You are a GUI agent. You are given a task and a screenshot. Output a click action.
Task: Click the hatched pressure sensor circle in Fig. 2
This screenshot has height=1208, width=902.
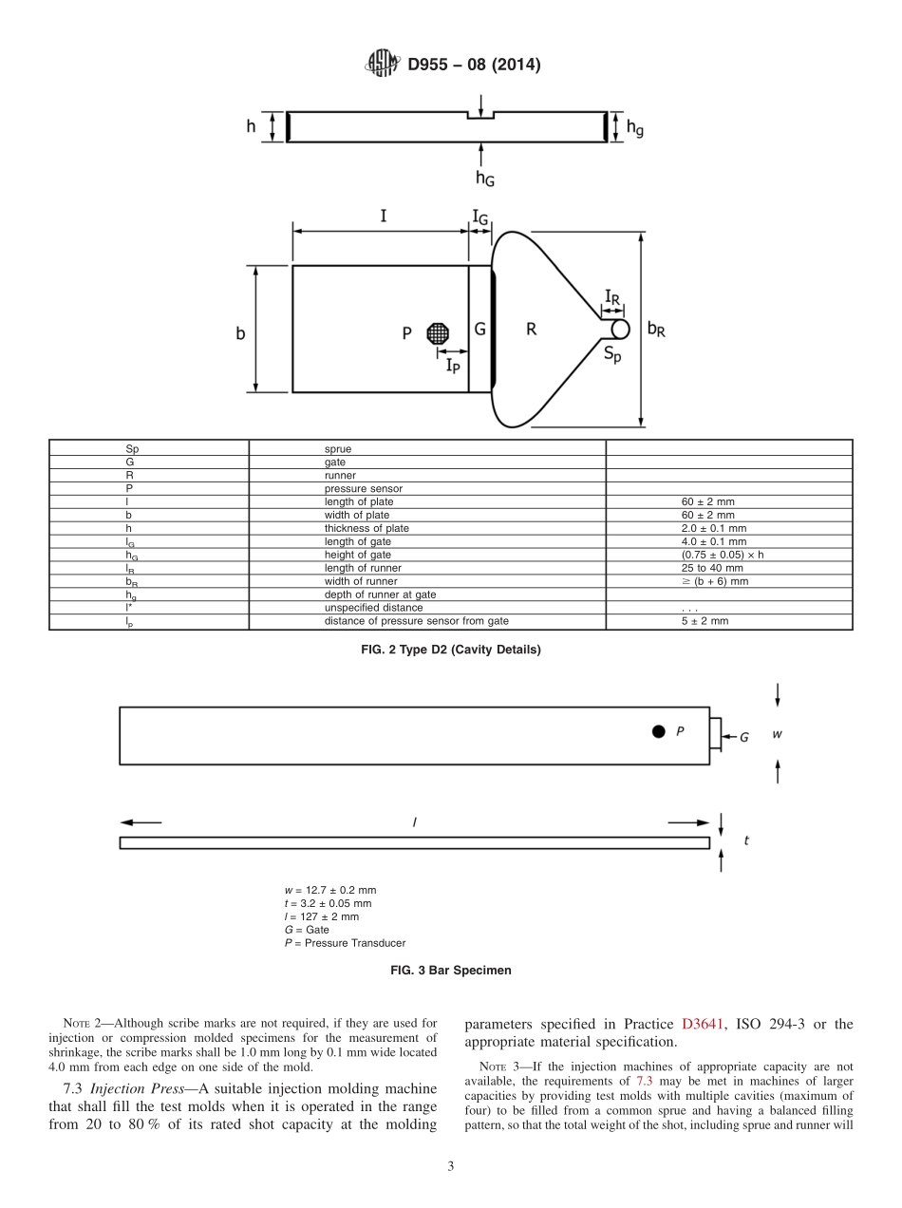click(x=438, y=332)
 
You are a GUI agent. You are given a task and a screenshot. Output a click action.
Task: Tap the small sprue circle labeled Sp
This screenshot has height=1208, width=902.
click(x=620, y=329)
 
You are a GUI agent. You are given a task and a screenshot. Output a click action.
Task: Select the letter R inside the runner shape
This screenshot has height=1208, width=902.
click(x=532, y=329)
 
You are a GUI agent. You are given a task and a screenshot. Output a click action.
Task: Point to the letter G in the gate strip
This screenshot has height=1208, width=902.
click(x=480, y=329)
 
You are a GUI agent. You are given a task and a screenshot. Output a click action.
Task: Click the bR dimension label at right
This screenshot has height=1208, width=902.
click(x=656, y=329)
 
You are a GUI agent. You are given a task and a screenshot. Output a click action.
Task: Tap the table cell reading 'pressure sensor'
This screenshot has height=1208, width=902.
click(x=363, y=489)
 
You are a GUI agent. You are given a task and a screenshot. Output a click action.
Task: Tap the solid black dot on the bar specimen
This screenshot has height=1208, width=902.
click(x=658, y=731)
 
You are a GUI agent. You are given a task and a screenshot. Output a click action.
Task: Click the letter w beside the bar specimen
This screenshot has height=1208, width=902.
click(x=777, y=733)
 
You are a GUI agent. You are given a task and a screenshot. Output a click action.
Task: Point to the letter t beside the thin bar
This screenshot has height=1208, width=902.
click(x=746, y=840)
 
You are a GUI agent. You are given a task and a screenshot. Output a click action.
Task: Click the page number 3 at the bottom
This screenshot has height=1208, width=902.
click(x=451, y=1166)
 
